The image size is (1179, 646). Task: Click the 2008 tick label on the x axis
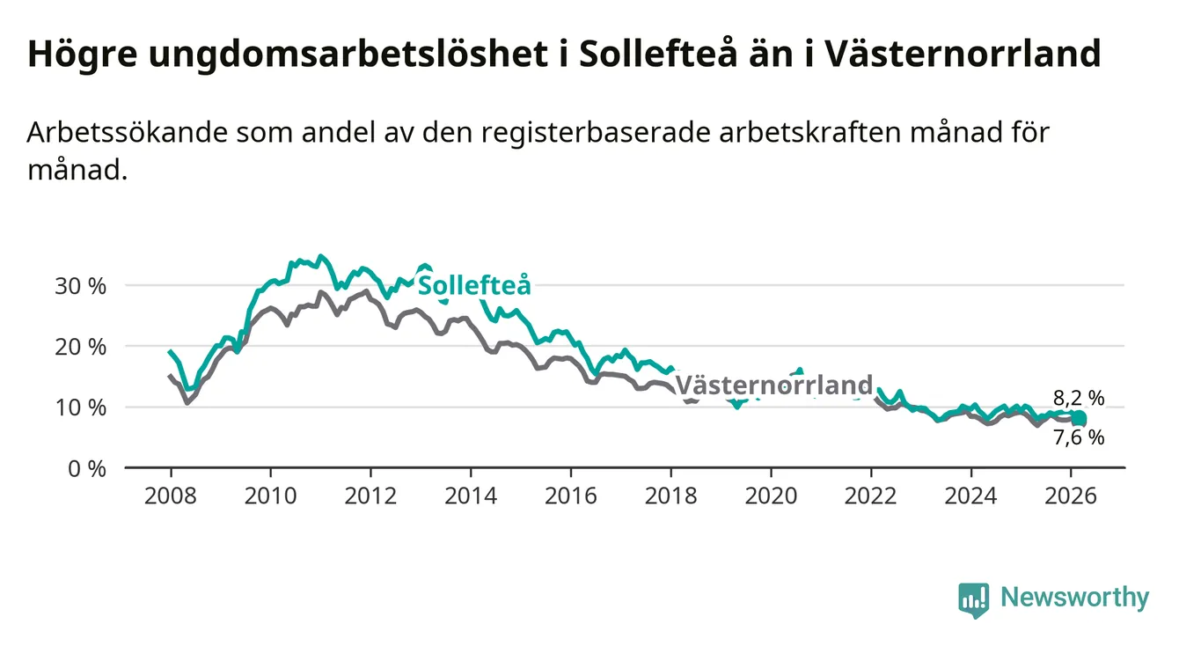[171, 496]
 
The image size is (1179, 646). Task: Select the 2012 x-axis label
[370, 496]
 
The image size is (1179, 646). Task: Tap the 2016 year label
[570, 496]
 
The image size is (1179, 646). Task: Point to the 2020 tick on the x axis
[771, 496]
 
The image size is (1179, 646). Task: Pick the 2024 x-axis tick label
[970, 496]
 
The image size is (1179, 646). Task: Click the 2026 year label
[1070, 496]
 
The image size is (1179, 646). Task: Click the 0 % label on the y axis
[88, 468]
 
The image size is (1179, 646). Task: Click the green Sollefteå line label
[474, 285]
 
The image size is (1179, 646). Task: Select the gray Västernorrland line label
[773, 385]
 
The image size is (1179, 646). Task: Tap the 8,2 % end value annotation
[1078, 398]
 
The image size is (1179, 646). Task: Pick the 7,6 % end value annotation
[1078, 437]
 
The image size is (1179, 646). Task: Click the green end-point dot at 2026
[1080, 418]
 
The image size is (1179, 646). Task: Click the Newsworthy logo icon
[973, 600]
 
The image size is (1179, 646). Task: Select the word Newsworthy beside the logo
[1074, 598]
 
